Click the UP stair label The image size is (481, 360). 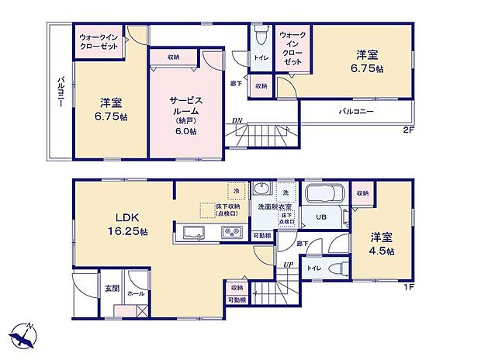point(289,265)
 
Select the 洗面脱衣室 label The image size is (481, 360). point(275,206)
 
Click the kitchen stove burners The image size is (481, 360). point(233,231)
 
